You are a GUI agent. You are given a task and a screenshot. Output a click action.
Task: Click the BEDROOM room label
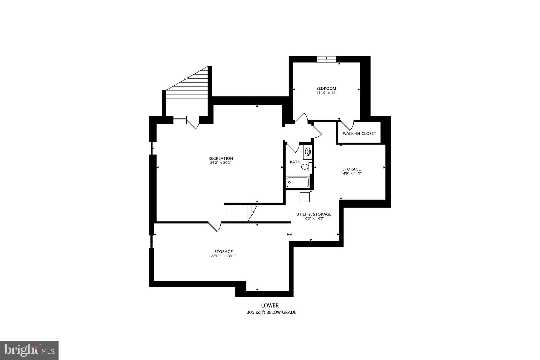pos(326,88)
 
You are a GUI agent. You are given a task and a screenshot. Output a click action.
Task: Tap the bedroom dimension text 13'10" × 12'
pos(326,93)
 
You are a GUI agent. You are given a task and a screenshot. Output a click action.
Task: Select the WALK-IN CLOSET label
pos(359,133)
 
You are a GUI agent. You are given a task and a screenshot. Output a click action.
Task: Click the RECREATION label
pos(221,159)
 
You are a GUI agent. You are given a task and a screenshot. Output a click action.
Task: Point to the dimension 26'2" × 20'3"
pos(221,163)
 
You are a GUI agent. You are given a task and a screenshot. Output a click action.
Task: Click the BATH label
pos(295,162)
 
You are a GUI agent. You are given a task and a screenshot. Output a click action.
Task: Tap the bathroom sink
pos(308,152)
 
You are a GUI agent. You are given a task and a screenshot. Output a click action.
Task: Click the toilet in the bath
pos(306,167)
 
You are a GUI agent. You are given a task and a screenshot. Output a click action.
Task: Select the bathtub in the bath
pos(298,182)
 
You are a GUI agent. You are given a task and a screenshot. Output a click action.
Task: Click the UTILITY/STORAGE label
pos(314,214)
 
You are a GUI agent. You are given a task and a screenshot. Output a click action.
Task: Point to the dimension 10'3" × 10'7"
pos(314,219)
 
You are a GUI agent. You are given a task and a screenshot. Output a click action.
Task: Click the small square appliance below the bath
pos(305,197)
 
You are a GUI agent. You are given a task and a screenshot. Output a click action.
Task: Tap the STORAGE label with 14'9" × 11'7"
pos(351,169)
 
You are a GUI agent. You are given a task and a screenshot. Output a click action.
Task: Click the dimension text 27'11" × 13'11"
pos(223,256)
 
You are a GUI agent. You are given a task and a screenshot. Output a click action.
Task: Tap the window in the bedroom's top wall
pos(326,59)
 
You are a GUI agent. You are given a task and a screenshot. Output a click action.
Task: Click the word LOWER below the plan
pos(270,305)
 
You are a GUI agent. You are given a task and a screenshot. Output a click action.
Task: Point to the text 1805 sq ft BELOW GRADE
pos(270,313)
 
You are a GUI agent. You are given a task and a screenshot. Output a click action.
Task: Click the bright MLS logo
pos(29,350)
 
